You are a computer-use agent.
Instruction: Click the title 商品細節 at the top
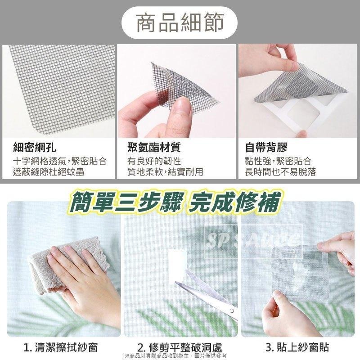[180, 22]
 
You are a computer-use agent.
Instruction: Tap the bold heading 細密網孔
[35, 148]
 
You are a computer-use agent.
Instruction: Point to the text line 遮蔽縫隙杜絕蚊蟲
[49, 172]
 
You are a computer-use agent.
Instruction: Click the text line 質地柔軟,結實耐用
[165, 172]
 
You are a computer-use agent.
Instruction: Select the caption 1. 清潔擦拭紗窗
[61, 347]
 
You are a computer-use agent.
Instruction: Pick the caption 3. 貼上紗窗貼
[297, 347]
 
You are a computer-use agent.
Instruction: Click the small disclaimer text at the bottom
[180, 355]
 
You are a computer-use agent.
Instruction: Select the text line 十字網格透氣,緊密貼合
[59, 161]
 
